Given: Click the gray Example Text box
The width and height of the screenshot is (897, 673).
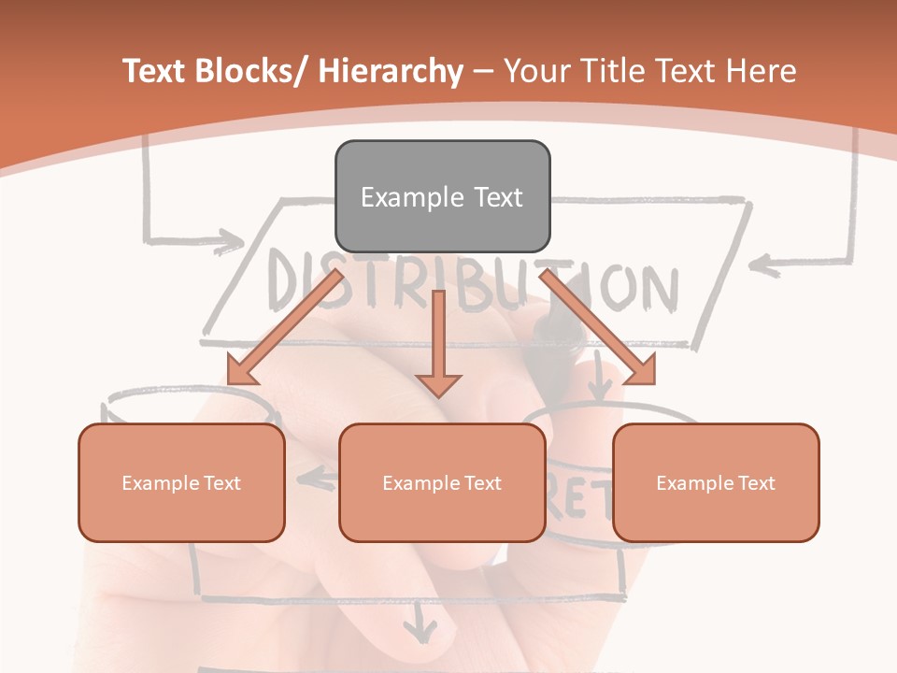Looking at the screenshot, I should tap(442, 196).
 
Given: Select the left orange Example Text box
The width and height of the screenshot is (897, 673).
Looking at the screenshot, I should tap(181, 482).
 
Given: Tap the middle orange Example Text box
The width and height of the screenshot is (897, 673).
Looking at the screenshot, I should tap(442, 482).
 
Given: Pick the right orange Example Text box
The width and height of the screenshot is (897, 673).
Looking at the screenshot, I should tap(716, 482).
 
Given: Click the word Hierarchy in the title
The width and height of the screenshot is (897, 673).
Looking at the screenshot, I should tap(391, 71).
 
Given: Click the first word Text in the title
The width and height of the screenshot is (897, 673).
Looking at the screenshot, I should tap(155, 71).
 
